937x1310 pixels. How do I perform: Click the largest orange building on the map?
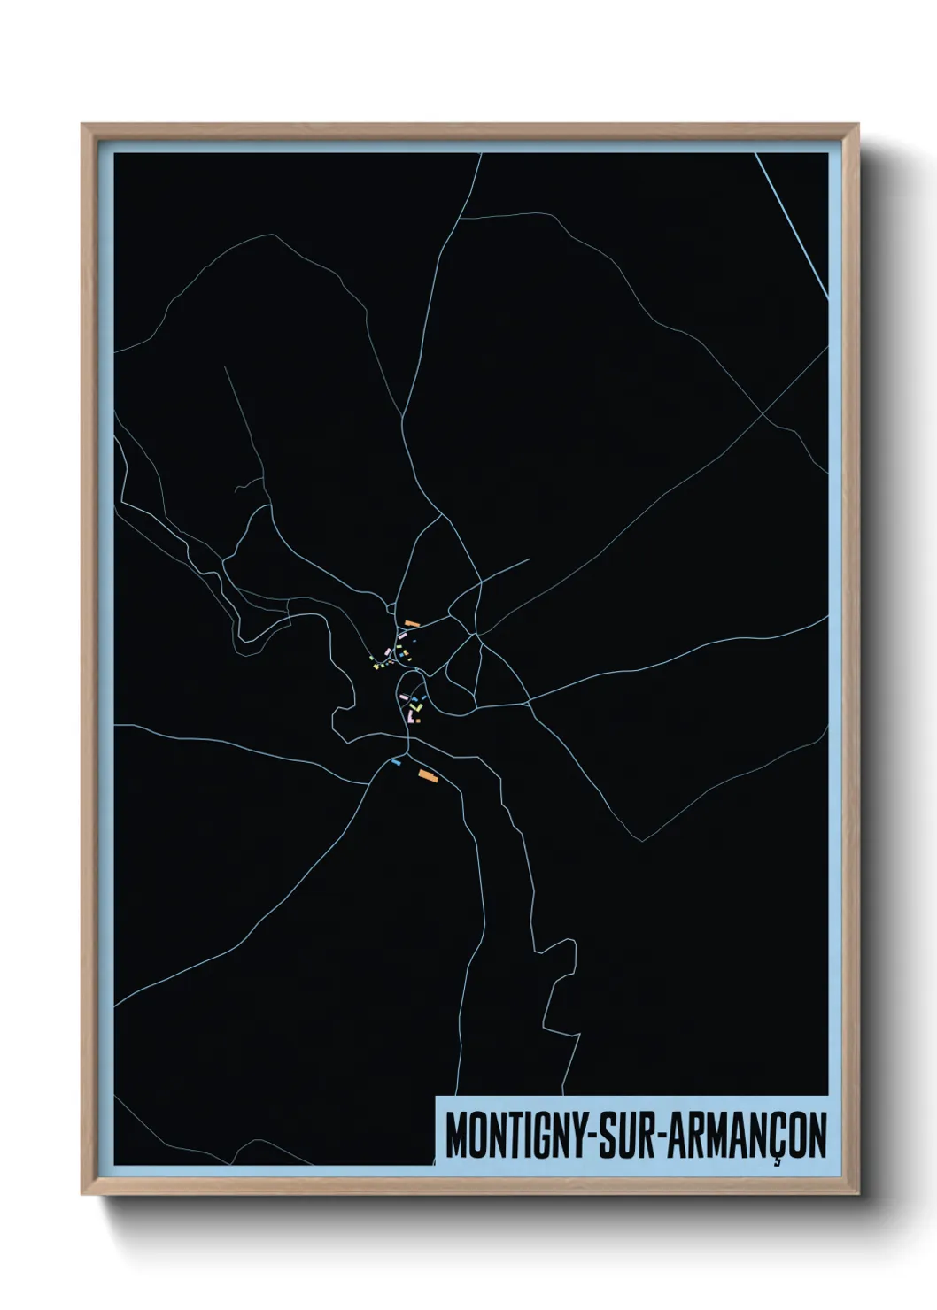pos(428,776)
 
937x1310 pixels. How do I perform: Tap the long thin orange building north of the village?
pos(411,623)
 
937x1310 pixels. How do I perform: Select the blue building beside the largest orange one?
pos(396,761)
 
